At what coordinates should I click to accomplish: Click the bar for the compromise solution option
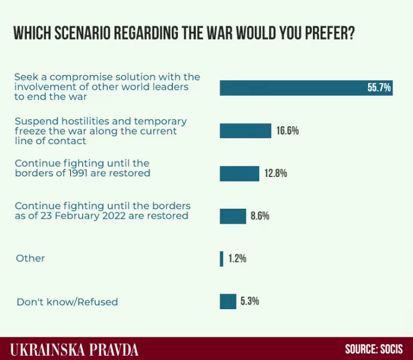293,87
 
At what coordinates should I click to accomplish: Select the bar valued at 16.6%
245,131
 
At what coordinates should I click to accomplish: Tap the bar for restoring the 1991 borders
239,173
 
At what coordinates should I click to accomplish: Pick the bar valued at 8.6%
233,216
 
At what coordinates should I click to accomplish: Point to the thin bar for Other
221,259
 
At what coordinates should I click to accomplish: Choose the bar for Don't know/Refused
228,301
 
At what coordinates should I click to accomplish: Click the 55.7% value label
379,88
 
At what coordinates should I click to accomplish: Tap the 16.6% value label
287,131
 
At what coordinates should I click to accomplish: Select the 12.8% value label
276,173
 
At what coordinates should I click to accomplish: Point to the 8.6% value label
260,216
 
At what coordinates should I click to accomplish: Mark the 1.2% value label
237,259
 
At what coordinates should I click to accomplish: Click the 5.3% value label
250,301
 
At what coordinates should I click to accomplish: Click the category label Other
31,258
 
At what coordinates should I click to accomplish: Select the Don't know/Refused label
67,302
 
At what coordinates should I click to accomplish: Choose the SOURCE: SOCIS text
373,349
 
